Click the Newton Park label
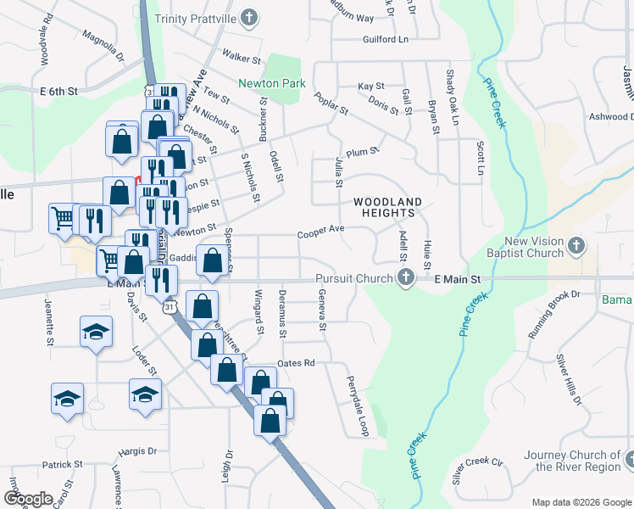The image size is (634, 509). (271, 84)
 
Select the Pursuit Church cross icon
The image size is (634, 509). (406, 277)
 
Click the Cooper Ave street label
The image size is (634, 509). (320, 230)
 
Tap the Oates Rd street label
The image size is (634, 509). (296, 363)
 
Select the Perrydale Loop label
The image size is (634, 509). (356, 407)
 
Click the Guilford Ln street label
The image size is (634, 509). (385, 39)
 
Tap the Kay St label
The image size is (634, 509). (370, 87)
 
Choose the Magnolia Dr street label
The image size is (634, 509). (103, 47)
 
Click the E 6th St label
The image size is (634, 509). (58, 90)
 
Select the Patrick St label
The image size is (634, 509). (63, 465)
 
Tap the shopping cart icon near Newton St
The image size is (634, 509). (63, 218)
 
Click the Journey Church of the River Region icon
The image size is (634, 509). (631, 461)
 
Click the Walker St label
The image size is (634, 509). (241, 58)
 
